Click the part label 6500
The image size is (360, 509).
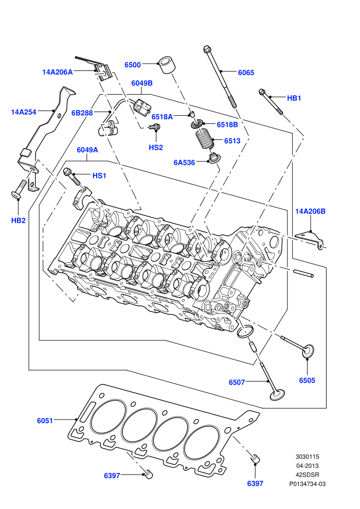coord(133,65)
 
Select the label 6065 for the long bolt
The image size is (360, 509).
coord(246,72)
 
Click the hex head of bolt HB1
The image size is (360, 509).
coord(262,92)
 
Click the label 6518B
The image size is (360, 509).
coord(227,124)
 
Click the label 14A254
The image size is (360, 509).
coord(24,112)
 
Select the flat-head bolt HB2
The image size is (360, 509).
coord(20,189)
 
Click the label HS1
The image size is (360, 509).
coord(99,176)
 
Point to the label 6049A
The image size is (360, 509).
coord(87,150)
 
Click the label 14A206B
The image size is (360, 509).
coord(310,211)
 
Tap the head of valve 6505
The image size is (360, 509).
coord(308,351)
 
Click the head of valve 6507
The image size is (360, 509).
coord(278,395)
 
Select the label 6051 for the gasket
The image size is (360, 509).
coord(45,421)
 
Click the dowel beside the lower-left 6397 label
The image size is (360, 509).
coord(148,474)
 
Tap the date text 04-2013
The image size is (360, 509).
coord(307,466)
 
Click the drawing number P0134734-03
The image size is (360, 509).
coord(308,484)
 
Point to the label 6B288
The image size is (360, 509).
coord(82,113)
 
